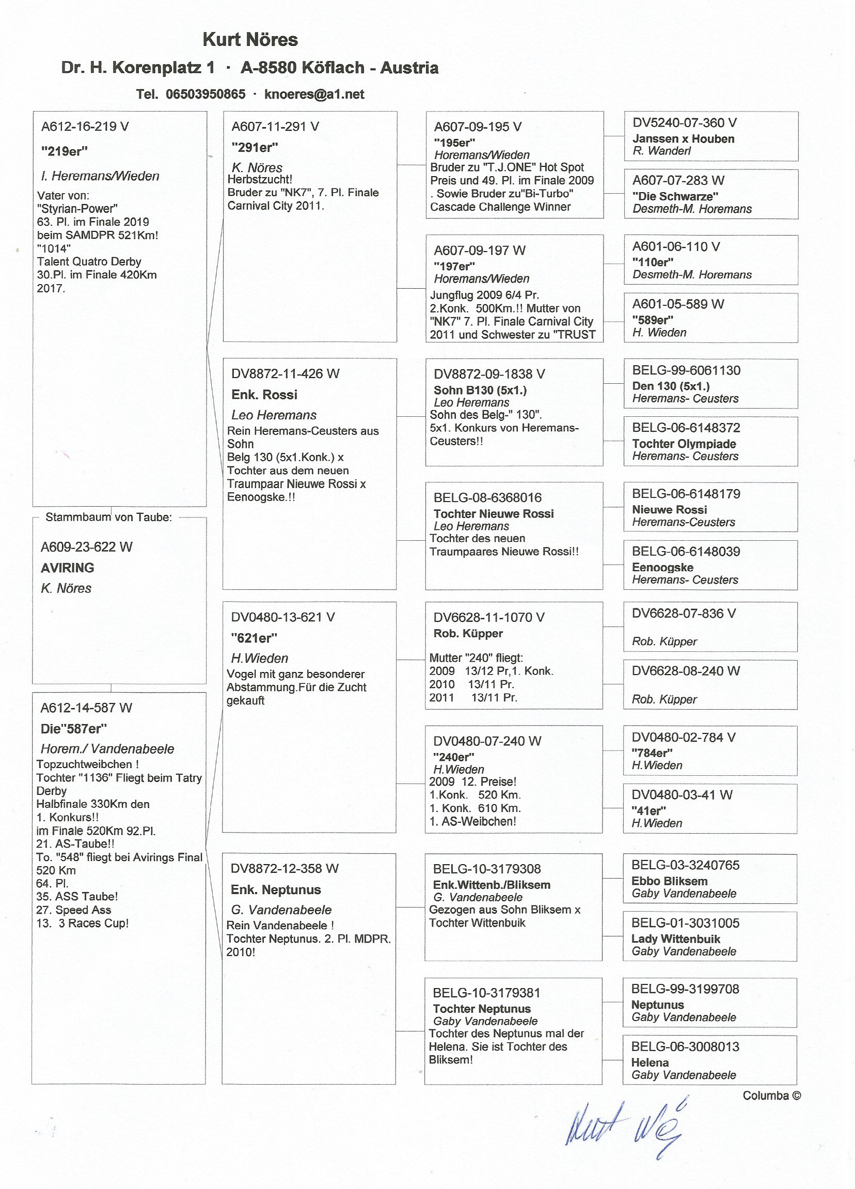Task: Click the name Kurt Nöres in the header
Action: tap(250, 39)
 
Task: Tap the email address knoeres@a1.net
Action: tap(314, 95)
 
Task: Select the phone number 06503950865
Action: tap(205, 95)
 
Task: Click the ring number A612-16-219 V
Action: tap(85, 127)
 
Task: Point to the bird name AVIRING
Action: tap(68, 568)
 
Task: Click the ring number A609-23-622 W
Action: tap(86, 547)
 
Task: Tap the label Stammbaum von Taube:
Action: tap(108, 518)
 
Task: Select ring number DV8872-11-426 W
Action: tap(285, 374)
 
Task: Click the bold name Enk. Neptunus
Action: tap(276, 889)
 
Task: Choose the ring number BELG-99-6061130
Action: tap(686, 370)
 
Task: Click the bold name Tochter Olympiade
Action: tap(684, 444)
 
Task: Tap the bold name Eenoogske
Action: tap(662, 567)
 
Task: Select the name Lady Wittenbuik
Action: tap(675, 939)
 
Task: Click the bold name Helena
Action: tap(650, 1062)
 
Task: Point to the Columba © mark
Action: tap(771, 1096)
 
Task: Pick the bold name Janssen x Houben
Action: tap(683, 139)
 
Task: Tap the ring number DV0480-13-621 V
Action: tap(282, 617)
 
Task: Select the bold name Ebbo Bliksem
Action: tap(669, 881)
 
